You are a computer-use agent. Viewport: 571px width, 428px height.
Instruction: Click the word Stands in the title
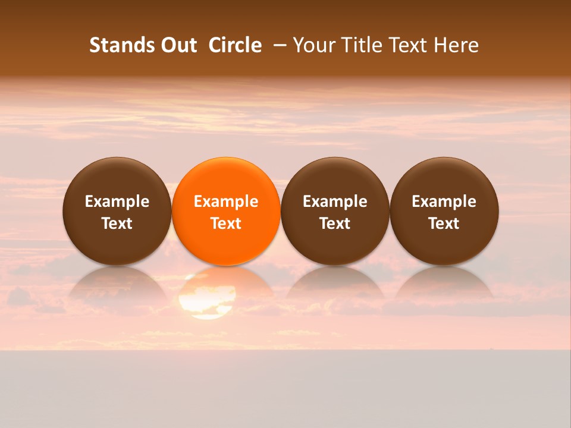pos(118,45)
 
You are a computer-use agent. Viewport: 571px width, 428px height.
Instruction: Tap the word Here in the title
pos(456,45)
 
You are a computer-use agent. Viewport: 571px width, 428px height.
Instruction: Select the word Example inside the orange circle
pos(226,202)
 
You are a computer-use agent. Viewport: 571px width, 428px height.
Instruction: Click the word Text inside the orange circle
pos(226,224)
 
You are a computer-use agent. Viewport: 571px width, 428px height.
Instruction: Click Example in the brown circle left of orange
pos(117,202)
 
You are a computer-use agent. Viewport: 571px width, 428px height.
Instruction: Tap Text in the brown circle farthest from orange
pos(444,224)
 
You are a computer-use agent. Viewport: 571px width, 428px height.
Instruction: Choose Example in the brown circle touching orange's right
pos(335,202)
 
